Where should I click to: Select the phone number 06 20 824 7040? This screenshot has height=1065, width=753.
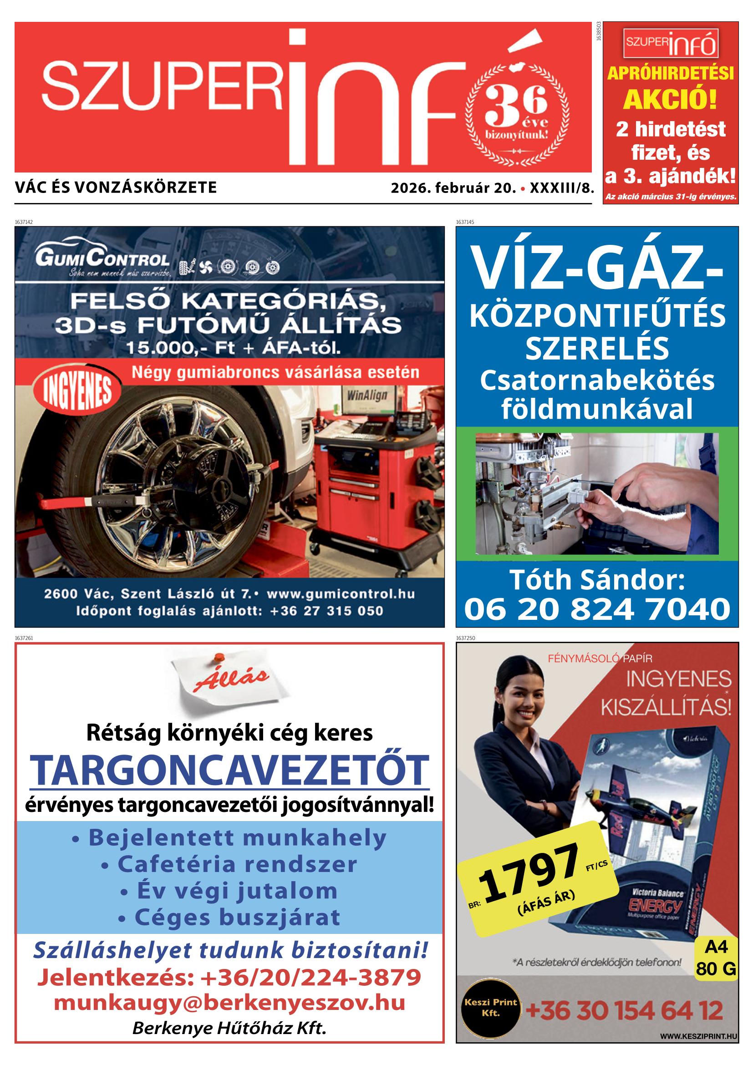[x=597, y=609]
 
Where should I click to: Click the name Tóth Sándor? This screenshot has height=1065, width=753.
[x=597, y=580]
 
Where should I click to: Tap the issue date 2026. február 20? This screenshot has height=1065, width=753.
[x=453, y=188]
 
